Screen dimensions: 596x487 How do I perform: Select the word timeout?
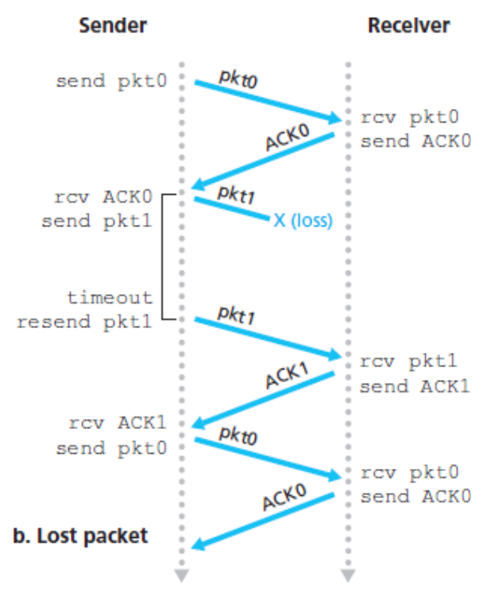[110, 298]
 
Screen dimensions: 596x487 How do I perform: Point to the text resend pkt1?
[84, 322]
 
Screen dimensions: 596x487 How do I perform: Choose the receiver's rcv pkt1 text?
[409, 362]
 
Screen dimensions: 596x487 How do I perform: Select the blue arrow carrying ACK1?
[262, 399]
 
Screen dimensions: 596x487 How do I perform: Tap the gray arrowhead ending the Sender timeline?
[183, 574]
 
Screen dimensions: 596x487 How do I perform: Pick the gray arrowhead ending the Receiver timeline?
[346, 574]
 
